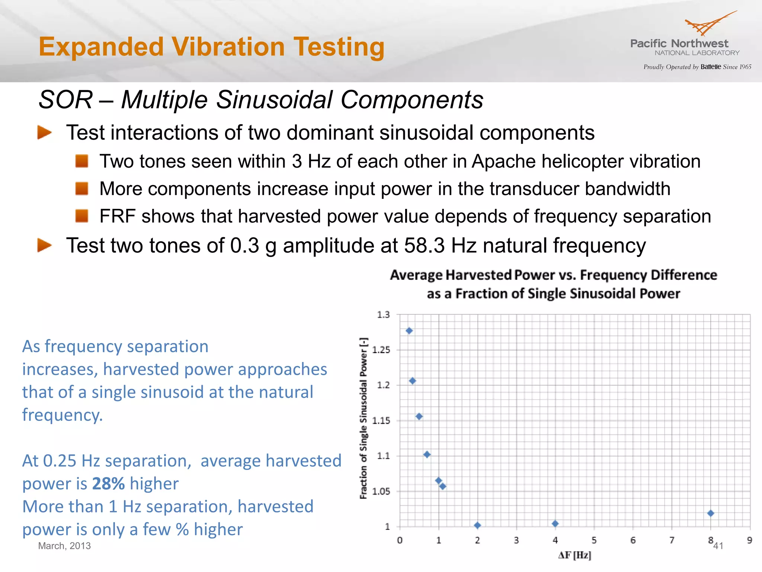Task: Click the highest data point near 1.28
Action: (x=409, y=331)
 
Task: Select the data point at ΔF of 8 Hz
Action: (x=710, y=513)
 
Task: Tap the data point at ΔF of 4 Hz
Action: (x=555, y=524)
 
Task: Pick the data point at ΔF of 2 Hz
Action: (x=477, y=525)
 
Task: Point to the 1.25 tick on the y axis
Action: (x=381, y=350)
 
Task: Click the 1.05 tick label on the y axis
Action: (x=381, y=492)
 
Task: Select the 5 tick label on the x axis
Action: (x=594, y=540)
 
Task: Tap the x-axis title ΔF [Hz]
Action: (x=574, y=555)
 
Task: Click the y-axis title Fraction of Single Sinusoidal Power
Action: (x=364, y=418)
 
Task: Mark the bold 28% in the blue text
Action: (x=108, y=484)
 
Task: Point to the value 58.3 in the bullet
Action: (x=424, y=246)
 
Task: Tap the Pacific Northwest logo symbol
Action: (x=707, y=24)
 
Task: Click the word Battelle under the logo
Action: (x=710, y=67)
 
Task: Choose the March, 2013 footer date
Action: (x=64, y=546)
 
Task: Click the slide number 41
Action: (x=718, y=546)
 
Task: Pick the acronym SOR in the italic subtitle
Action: (x=65, y=100)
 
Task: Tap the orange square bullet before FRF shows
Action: (x=81, y=216)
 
